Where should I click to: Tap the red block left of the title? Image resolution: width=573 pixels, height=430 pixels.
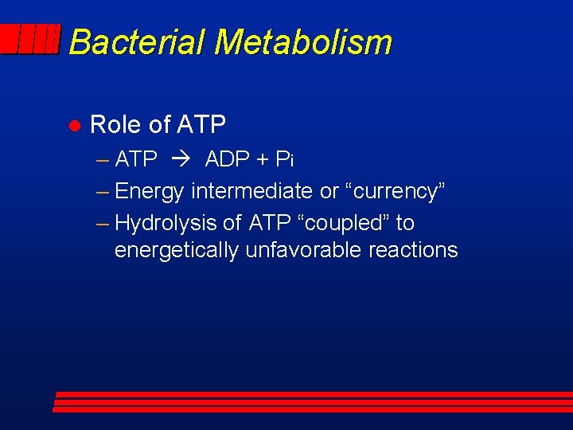pos(30,40)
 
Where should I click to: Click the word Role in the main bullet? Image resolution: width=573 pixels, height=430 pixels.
pos(116,125)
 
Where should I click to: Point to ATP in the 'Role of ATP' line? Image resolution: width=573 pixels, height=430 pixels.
pos(201,125)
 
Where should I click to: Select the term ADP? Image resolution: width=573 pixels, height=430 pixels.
pos(227,160)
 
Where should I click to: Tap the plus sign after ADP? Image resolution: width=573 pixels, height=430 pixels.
pos(262,161)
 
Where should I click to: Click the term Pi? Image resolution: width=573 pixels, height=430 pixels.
pos(284,160)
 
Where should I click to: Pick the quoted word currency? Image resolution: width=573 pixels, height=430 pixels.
pos(395,191)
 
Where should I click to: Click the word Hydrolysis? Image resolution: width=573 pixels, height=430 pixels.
pos(165,223)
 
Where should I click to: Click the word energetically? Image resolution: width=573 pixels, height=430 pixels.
pos(177,251)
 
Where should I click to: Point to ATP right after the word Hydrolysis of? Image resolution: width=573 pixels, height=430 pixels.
pos(271,223)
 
